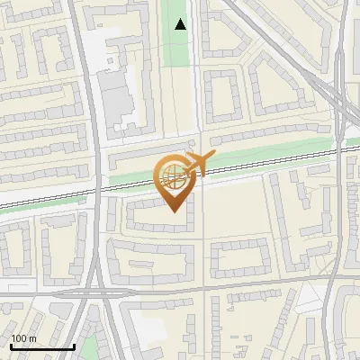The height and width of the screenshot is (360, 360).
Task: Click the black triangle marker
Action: [x=181, y=24]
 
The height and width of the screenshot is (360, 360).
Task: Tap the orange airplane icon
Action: [x=196, y=163]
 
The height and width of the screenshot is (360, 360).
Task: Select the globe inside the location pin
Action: [x=173, y=177]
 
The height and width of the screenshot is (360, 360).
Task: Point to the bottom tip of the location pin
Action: [x=174, y=213]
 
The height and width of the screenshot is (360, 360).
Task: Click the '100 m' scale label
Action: [x=23, y=338]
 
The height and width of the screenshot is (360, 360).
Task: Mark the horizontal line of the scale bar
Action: [x=41, y=346]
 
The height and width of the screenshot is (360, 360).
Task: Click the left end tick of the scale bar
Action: [x=10, y=345]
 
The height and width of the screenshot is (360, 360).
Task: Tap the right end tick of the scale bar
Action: [x=73, y=345]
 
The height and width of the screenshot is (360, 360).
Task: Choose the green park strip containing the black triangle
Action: [x=177, y=45]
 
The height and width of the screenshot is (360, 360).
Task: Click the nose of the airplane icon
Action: [x=212, y=157]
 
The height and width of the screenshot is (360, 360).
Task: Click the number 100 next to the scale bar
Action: [x=19, y=338]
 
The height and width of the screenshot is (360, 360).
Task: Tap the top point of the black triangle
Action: [x=181, y=19]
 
